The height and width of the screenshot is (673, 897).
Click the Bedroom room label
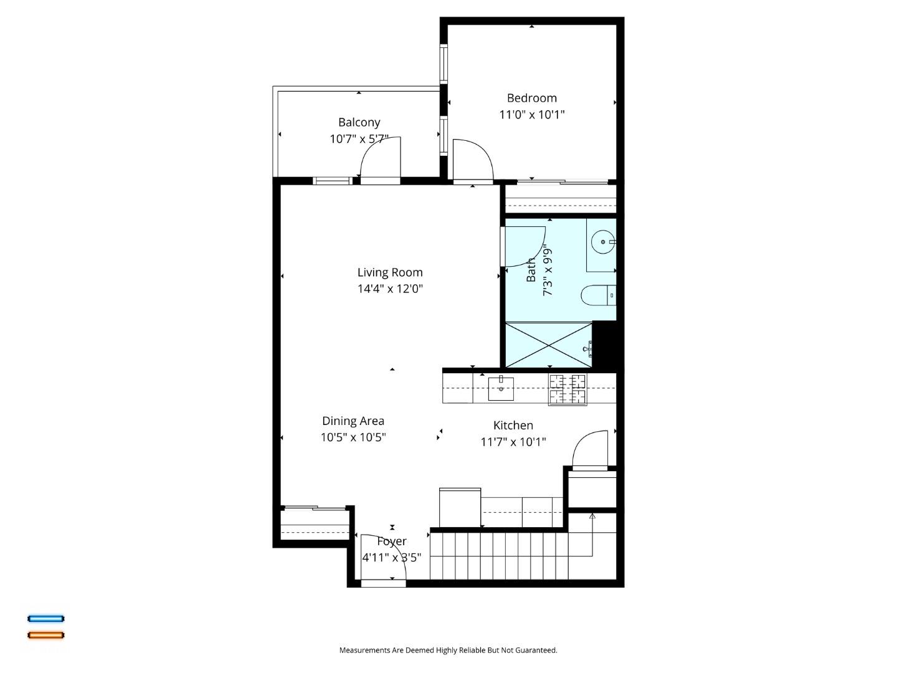(531, 98)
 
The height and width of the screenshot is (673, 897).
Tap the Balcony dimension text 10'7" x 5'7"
(359, 139)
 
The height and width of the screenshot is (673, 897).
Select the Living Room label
(390, 272)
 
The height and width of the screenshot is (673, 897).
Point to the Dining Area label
(353, 421)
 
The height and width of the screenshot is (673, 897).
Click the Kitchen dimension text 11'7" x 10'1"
(513, 442)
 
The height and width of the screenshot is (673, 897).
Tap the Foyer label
(392, 542)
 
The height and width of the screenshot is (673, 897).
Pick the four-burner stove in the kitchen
(567, 389)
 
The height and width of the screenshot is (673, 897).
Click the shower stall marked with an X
(548, 345)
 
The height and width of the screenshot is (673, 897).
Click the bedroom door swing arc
(473, 159)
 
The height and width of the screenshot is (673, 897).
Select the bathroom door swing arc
(524, 247)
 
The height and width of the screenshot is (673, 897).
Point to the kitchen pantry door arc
(589, 449)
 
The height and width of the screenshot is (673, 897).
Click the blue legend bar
(45, 619)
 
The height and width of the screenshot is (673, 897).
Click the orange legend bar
(45, 635)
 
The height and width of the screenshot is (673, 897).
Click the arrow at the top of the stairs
(592, 517)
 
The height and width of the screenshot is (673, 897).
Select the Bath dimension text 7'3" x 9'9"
(548, 270)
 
